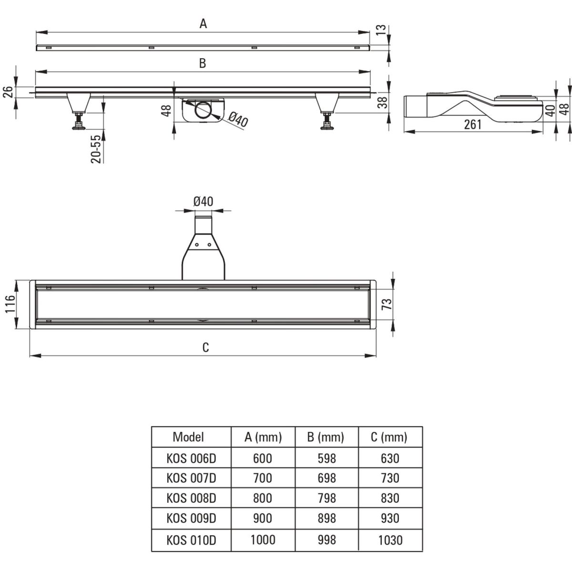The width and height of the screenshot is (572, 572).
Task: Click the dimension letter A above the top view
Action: coord(203,23)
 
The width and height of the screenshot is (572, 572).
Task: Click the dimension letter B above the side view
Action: coord(203,63)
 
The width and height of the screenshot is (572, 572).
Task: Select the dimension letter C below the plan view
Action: coord(205,347)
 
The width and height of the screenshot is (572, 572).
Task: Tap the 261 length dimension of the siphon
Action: coord(472,124)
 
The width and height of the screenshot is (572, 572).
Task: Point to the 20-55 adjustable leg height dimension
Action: coord(96,149)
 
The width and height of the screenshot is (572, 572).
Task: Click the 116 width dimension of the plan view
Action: coord(10,304)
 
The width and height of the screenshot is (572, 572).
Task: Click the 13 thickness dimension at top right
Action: coord(381,30)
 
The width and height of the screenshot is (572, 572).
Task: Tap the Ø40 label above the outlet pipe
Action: coord(204,202)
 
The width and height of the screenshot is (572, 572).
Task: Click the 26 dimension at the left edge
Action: coord(8,92)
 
